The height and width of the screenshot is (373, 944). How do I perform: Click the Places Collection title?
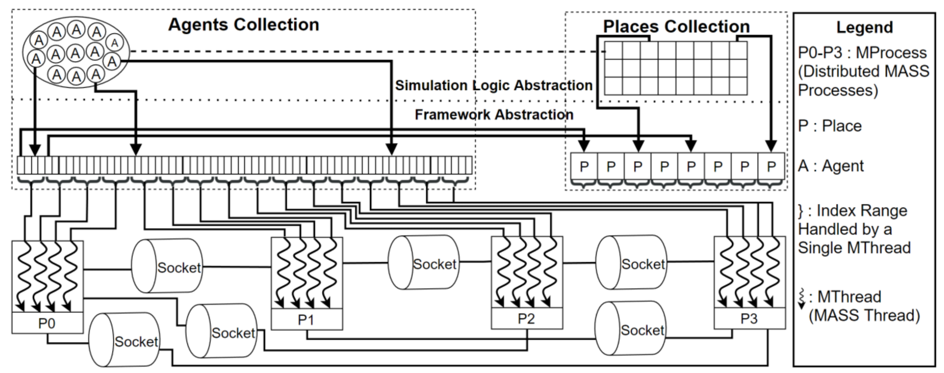676,26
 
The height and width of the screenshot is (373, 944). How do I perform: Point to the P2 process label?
526,319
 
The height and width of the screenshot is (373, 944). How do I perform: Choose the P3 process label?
749,318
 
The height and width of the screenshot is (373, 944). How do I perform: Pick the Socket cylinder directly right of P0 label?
125,340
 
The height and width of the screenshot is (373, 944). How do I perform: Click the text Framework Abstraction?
494,114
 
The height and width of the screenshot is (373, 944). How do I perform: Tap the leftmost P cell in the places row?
584,167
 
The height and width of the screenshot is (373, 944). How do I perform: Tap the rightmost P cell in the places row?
771,167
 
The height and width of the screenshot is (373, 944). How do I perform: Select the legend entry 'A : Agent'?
830,166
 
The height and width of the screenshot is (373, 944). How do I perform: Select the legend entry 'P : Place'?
830,126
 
